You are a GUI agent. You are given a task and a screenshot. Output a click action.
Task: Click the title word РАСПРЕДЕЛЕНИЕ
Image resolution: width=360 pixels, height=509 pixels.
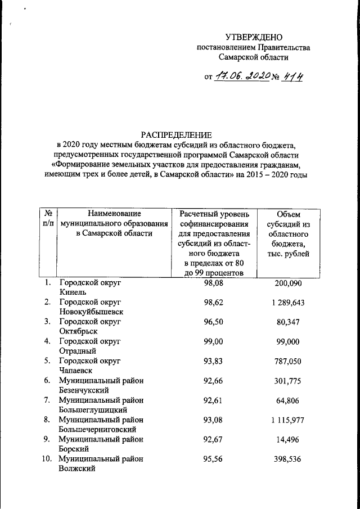tap(176, 134)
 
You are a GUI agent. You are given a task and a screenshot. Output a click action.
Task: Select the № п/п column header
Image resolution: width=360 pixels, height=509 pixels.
tap(48, 219)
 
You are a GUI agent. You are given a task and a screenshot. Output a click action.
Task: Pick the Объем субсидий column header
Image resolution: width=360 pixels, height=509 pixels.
tap(289, 234)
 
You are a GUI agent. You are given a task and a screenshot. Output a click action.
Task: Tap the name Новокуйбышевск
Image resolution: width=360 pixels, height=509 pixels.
tap(91, 312)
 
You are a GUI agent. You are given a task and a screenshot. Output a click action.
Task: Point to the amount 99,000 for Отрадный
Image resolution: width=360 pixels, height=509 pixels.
tap(289, 341)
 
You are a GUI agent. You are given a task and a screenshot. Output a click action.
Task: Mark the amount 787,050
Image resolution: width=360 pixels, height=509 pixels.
tap(289, 361)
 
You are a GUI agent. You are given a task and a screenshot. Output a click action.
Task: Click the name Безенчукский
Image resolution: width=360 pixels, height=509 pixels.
tap(85, 390)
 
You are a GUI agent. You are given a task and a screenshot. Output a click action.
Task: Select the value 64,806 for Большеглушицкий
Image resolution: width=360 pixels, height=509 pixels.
tap(289, 400)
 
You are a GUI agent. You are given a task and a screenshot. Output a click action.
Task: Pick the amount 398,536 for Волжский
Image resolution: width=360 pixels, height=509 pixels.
tap(289, 459)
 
